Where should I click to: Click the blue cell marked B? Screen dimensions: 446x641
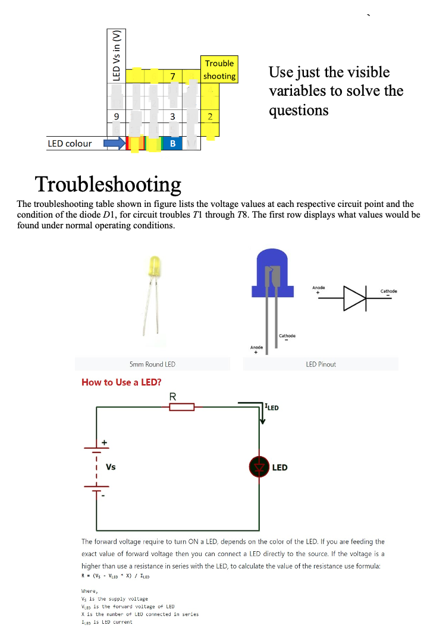pos(172,143)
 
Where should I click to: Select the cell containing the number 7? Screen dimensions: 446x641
pos(172,76)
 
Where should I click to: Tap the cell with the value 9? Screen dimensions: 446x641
pos(117,116)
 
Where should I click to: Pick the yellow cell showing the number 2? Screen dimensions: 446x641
pos(210,116)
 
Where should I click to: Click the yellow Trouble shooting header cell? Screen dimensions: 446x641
pos(219,70)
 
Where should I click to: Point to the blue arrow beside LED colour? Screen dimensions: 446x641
pos(115,143)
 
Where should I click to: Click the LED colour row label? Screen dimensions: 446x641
pos(70,143)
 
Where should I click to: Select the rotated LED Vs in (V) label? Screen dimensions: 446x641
pos(117,55)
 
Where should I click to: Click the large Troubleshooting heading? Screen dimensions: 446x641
pos(108,184)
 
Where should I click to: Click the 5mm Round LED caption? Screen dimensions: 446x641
pos(152,364)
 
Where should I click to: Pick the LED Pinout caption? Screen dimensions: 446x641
pos(321,364)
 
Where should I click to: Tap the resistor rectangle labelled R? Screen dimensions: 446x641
pos(182,407)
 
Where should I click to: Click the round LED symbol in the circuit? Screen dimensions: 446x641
pos(259,467)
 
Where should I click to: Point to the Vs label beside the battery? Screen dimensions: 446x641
pos(111,467)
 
